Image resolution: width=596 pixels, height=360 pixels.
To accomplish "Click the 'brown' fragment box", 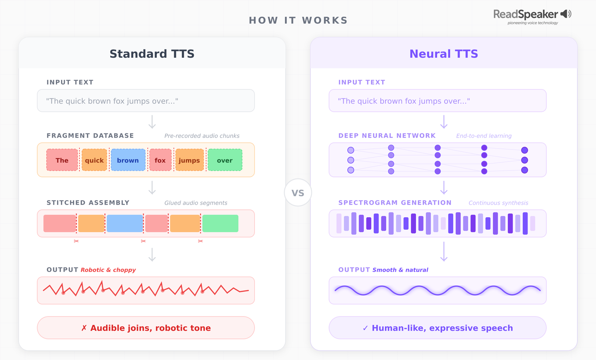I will point(128,160).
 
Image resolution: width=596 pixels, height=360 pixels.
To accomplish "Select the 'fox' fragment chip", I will point(160,160).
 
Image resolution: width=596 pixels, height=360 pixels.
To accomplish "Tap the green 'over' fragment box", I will point(225,160).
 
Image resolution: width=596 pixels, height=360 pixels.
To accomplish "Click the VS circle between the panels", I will point(298,193).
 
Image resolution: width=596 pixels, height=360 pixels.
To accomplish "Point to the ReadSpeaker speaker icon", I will point(566,14).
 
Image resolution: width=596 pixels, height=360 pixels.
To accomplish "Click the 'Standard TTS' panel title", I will point(152,54).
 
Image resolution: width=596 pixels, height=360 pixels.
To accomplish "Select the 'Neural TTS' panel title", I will point(443,54).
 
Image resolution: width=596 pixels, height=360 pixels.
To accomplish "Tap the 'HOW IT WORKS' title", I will point(298,20).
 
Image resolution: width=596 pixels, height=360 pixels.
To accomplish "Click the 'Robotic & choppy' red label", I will point(108,270).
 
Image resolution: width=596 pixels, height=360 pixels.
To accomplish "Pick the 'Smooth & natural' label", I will point(400,270).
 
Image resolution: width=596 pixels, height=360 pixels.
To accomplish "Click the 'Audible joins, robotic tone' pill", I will point(146,328).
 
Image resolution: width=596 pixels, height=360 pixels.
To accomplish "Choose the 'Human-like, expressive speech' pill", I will point(437,328).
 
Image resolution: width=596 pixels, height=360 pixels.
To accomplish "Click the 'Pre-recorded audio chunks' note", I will point(202,136).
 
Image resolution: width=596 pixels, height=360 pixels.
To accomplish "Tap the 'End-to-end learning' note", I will point(484,136).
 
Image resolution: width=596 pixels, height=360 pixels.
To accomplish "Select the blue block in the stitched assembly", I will point(125,224).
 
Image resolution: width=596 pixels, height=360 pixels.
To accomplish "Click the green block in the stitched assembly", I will point(220,224).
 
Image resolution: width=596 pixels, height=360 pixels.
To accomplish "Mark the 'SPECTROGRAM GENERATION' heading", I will point(395,203).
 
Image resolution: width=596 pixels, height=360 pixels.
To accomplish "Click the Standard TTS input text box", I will point(146,101).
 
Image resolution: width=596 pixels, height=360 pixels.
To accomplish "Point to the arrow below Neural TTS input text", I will point(444,122).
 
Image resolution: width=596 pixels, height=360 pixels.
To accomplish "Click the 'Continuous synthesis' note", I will point(498,203).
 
